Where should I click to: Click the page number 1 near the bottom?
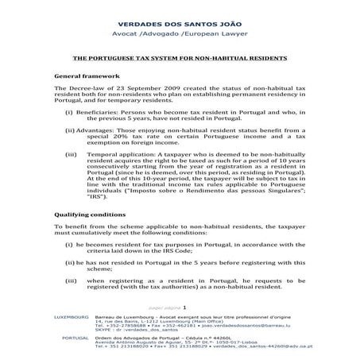tap(184, 307)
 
